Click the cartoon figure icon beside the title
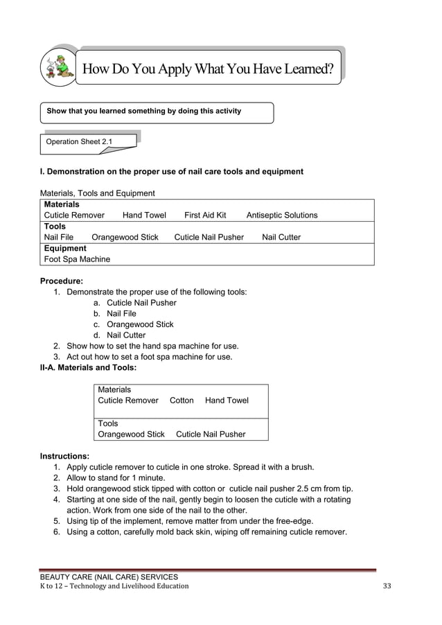point(60,67)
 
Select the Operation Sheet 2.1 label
point(78,142)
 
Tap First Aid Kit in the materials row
point(205,215)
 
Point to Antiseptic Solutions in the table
point(282,215)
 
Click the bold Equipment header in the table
point(65,248)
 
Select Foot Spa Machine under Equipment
point(77,259)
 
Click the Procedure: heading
point(62,281)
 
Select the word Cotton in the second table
point(182,400)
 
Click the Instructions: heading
point(64,457)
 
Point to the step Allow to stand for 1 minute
point(116,478)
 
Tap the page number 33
point(387,586)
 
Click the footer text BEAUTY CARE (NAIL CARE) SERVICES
point(109,576)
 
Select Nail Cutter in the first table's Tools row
point(281,237)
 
